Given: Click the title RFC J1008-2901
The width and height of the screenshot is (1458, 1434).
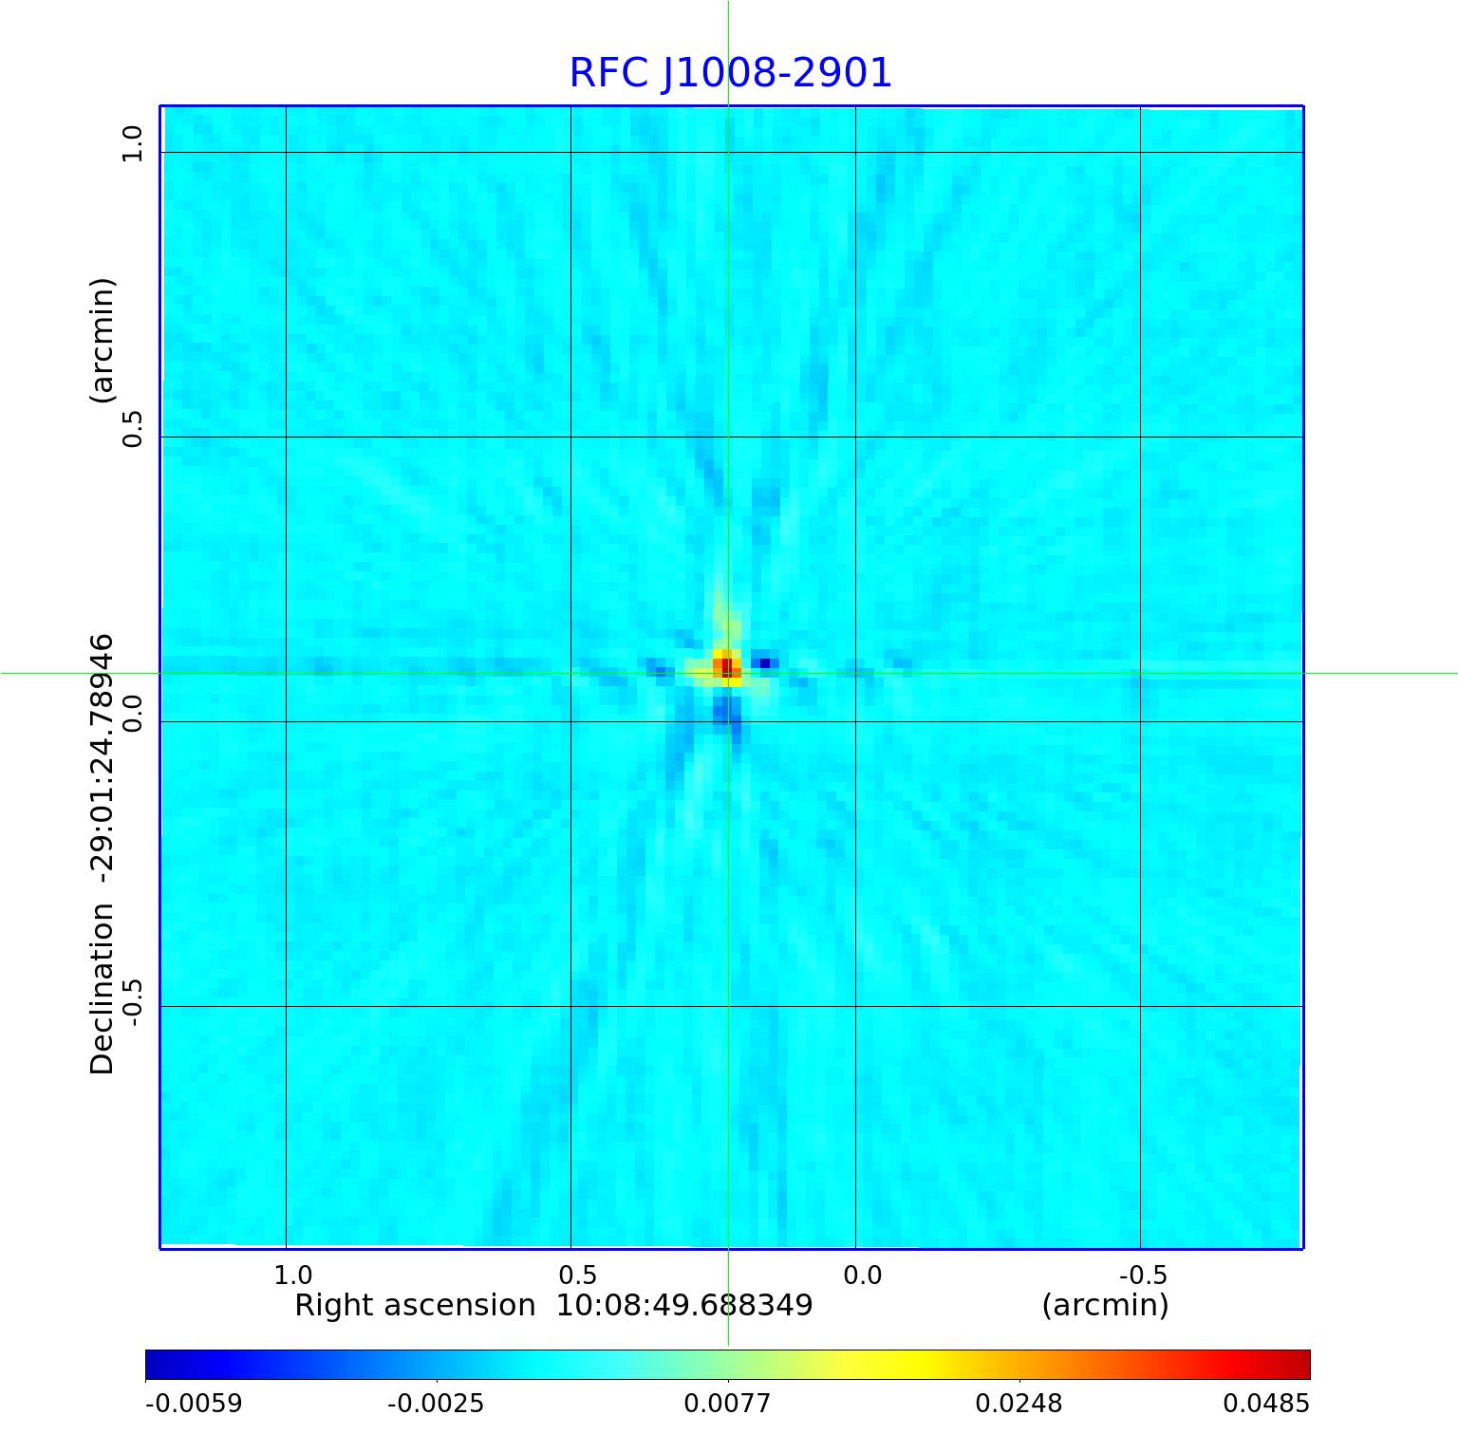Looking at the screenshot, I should [730, 73].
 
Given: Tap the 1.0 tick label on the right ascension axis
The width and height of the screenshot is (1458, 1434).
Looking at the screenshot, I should [293, 1274].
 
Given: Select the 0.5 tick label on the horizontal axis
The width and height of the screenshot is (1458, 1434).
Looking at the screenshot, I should [578, 1274].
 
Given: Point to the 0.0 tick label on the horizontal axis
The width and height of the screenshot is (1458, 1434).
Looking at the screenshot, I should [863, 1274].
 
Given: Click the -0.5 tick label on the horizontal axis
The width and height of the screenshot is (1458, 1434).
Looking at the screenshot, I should [1143, 1274].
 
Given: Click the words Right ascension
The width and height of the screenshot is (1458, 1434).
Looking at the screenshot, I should [415, 1306].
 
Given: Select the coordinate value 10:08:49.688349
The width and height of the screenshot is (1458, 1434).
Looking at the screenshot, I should [684, 1306].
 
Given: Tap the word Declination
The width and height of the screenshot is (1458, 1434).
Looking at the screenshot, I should [102, 988].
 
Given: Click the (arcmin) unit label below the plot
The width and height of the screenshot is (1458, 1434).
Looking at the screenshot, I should [1105, 1306].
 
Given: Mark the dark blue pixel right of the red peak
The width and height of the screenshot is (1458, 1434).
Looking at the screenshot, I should [765, 662].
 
